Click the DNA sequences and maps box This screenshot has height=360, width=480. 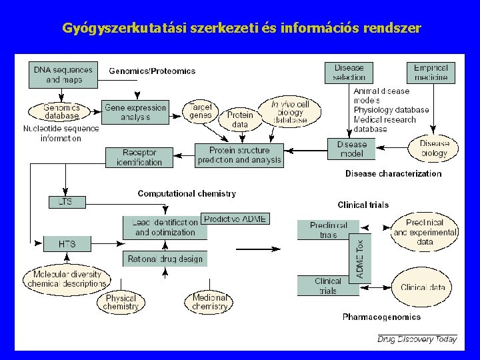tap(63, 75)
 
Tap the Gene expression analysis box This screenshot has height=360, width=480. tap(135, 113)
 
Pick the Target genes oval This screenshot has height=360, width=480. tap(201, 111)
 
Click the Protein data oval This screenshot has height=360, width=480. tap(240, 120)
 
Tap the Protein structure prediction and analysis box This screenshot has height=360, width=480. tap(240, 155)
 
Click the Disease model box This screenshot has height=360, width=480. tap(351, 149)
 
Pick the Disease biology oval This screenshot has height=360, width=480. tap(434, 149)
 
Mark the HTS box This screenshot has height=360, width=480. tap(67, 244)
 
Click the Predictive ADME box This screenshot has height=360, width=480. tap(236, 219)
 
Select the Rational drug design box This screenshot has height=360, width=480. tap(165, 259)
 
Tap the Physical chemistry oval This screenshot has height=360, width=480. tap(121, 302)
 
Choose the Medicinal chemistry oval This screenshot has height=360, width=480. tap(210, 302)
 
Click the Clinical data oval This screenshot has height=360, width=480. tap(423, 287)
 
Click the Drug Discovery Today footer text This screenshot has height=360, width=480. tap(417, 339)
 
